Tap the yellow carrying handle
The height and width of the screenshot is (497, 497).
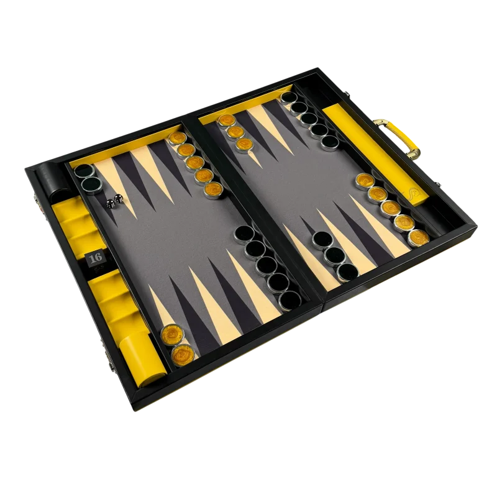pos(398,139)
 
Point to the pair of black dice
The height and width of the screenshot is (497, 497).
pos(115,201)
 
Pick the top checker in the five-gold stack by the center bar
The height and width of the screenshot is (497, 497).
pos(178,139)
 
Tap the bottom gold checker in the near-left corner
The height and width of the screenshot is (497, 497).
pos(183,355)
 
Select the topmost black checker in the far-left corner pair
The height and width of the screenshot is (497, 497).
pos(84,171)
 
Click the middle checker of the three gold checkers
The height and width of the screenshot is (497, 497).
pos(235,132)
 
